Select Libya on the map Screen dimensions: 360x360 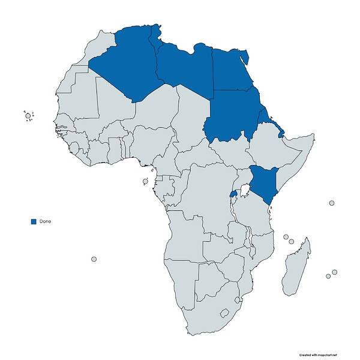click(183, 66)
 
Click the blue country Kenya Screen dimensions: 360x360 click(264, 180)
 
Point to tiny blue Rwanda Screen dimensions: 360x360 click(234, 195)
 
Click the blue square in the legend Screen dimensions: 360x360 click(34, 221)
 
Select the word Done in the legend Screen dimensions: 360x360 click(45, 221)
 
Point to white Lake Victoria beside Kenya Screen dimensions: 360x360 click(244, 191)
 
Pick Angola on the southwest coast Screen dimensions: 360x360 click(183, 246)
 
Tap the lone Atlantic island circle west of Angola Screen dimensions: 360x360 click(94, 259)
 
